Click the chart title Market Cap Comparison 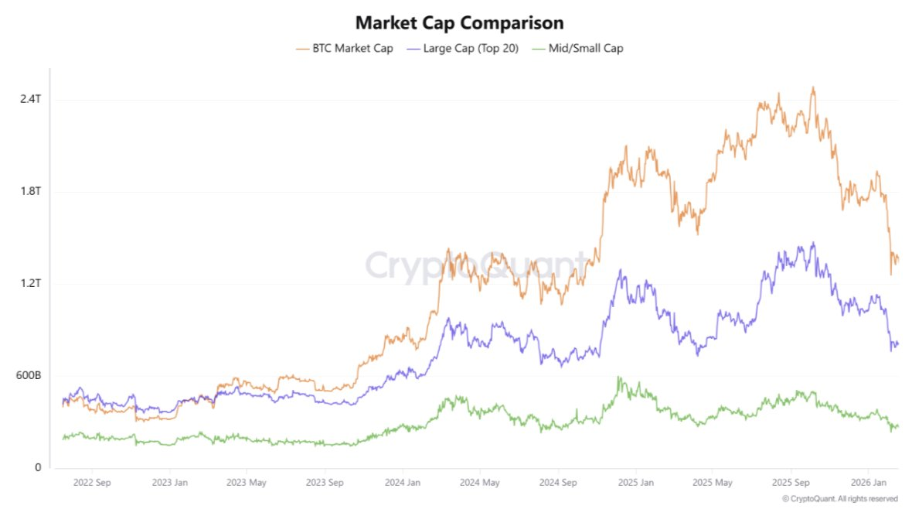point(459,22)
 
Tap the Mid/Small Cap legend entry point(579,48)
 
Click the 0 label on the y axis point(36,467)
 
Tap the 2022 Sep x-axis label point(92,483)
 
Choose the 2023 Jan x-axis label point(170,483)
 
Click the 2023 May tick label point(247,483)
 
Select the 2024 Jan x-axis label point(402,483)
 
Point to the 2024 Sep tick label point(558,483)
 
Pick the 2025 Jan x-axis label point(636,483)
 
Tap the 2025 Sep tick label point(791,483)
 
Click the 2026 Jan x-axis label point(868,483)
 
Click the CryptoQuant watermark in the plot point(475,265)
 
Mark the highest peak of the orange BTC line point(812,87)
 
